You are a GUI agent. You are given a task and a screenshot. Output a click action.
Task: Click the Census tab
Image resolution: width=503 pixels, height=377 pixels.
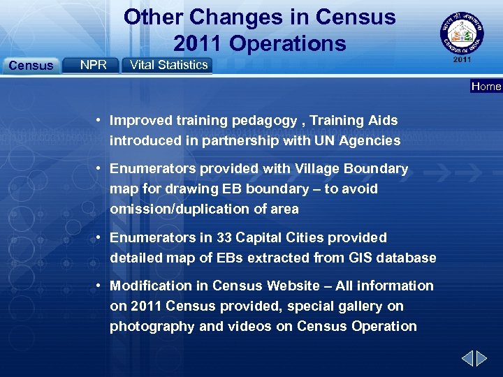[x=31, y=66]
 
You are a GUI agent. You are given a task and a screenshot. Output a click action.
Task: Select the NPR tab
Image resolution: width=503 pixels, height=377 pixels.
[x=93, y=65]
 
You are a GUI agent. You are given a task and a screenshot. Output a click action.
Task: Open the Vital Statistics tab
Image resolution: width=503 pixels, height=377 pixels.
[x=169, y=65]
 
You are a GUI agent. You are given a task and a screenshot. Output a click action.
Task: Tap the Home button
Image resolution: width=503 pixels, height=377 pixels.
[x=486, y=87]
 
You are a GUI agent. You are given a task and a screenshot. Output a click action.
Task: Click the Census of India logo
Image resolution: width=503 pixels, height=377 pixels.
[x=462, y=32]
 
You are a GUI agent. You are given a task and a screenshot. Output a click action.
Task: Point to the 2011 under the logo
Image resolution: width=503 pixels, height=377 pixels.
[x=462, y=60]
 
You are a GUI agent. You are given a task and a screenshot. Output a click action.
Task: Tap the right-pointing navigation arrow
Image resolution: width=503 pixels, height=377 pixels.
[x=482, y=360]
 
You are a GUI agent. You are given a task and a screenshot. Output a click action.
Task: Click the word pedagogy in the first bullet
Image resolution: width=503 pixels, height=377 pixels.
[x=262, y=121]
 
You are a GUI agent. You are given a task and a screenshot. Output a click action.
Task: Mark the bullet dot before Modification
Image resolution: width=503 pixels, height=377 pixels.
[x=101, y=286]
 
